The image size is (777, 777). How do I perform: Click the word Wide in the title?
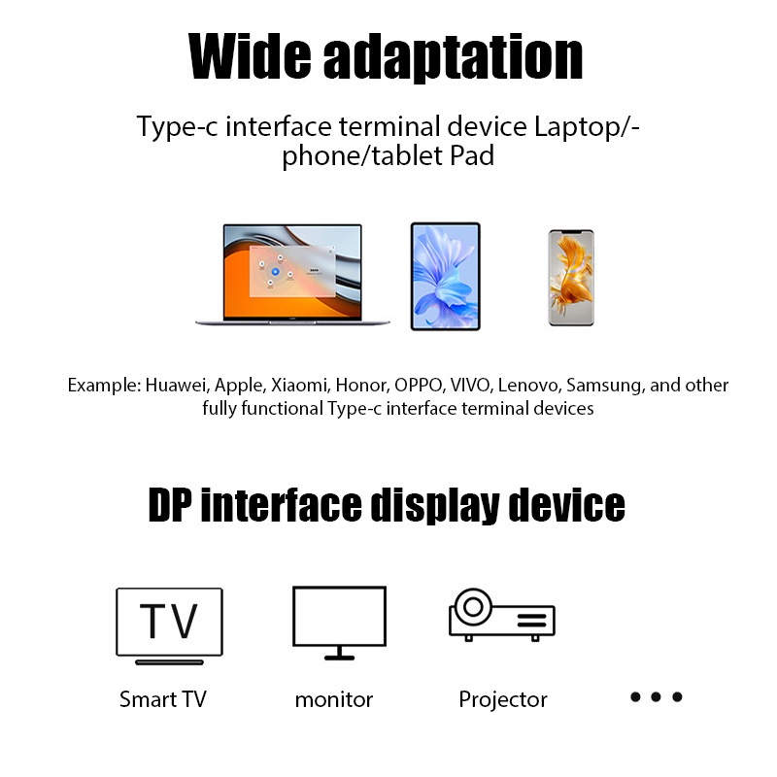(x=247, y=57)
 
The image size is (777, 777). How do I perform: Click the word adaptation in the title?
(x=452, y=57)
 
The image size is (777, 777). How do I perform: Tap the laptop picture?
(x=291, y=275)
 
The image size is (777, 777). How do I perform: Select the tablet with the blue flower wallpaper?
(x=445, y=276)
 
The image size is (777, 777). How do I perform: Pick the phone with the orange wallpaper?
(x=570, y=278)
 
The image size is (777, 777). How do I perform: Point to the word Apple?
(x=239, y=385)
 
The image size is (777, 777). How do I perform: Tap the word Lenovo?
(x=527, y=385)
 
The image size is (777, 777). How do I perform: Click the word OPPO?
(x=419, y=385)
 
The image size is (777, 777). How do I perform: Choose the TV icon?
(x=169, y=625)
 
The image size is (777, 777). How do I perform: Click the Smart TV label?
(x=162, y=699)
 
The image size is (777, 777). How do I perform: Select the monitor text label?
(x=333, y=699)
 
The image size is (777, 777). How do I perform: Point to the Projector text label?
(x=502, y=699)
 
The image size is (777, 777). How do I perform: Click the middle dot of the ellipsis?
(x=657, y=697)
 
